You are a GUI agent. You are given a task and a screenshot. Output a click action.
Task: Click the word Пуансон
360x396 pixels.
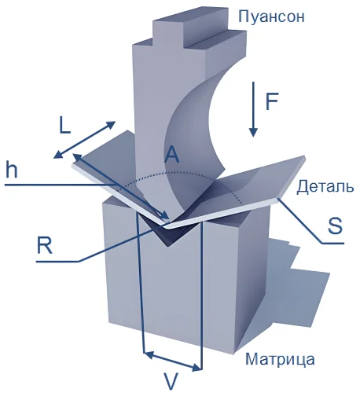pyautogui.click(x=271, y=17)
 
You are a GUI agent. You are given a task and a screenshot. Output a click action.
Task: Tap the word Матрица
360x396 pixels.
pyautogui.click(x=280, y=359)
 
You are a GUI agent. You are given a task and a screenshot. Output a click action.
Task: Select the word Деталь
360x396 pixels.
pyautogui.click(x=325, y=187)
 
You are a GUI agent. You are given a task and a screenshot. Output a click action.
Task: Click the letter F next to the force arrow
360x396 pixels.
pyautogui.click(x=271, y=101)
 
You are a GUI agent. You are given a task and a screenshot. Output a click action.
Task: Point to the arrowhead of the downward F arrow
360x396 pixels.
pyautogui.click(x=253, y=132)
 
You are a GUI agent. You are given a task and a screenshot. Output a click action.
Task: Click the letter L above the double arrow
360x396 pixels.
pyautogui.click(x=64, y=126)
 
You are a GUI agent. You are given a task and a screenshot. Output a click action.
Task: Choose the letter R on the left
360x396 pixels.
pyautogui.click(x=45, y=245)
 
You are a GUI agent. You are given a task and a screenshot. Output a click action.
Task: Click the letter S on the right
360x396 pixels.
pyautogui.click(x=335, y=225)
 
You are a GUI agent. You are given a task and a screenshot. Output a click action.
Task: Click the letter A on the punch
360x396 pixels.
pyautogui.click(x=171, y=155)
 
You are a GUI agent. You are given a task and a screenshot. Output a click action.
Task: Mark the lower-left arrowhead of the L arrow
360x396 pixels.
pyautogui.click(x=57, y=156)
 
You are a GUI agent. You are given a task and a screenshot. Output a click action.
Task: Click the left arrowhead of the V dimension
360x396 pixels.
pyautogui.click(x=149, y=355)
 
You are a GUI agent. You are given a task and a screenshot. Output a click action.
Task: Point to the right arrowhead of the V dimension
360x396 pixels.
pyautogui.click(x=197, y=368)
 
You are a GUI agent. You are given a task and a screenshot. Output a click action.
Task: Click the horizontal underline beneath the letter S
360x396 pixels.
pyautogui.click(x=333, y=244)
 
